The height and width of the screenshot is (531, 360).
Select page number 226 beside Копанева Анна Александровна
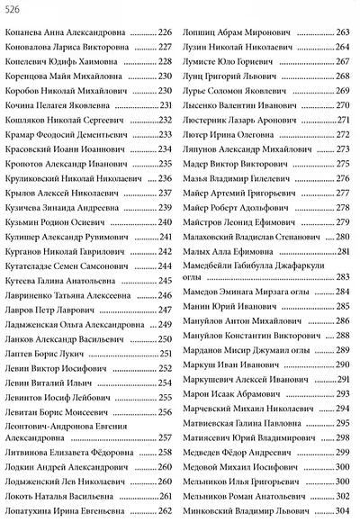point(164,33)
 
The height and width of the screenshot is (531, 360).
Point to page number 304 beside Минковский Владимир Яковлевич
point(342,511)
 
